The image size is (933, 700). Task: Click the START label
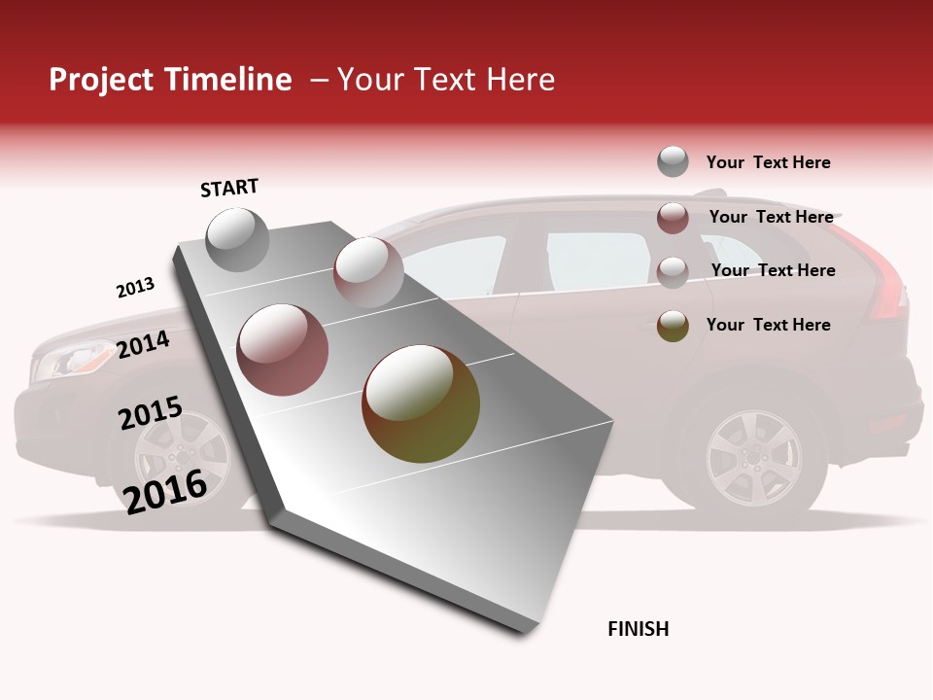tap(229, 188)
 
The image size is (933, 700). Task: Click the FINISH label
tap(638, 629)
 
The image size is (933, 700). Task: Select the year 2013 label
tap(135, 288)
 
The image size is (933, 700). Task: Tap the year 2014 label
tap(143, 344)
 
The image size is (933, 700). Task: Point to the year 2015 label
tap(150, 413)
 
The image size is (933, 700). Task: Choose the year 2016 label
tap(165, 491)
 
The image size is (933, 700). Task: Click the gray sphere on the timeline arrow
tap(237, 239)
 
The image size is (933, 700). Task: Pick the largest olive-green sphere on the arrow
tap(420, 403)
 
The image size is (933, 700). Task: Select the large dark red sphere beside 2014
tap(283, 349)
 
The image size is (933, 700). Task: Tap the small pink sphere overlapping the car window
tap(368, 271)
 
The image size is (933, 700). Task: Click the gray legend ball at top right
tap(673, 161)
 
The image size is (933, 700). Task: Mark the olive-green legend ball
tap(673, 326)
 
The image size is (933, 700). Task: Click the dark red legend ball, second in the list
tap(673, 218)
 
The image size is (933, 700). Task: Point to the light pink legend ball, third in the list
tap(673, 271)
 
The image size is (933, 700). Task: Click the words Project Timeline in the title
tap(170, 80)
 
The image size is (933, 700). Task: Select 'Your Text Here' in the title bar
tap(446, 80)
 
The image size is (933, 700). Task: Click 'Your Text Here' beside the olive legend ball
tap(768, 325)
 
